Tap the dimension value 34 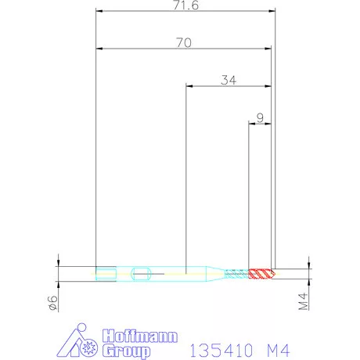tap(229, 79)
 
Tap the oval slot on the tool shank tap(142, 273)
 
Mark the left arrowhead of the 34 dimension tap(189, 85)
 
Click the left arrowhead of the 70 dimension tap(98, 49)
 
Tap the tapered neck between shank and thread tap(214, 273)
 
